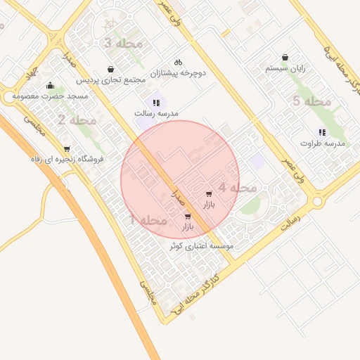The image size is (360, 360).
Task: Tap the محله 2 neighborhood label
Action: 77,120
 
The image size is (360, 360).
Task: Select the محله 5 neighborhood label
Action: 311,102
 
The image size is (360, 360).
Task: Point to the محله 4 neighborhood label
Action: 237,188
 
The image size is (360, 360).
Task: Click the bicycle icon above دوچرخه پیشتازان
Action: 178,61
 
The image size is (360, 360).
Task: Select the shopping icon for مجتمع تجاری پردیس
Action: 111,69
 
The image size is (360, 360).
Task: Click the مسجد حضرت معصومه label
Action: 49,96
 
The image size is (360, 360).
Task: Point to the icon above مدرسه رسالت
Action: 155,103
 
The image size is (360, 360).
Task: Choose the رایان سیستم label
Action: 285,69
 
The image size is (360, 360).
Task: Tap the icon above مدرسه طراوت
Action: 322,131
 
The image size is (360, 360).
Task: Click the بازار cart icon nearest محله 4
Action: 208,193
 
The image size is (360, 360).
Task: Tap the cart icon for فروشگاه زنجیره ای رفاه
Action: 67,148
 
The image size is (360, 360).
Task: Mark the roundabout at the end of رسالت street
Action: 317,202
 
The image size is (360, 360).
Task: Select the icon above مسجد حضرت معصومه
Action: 50,86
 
